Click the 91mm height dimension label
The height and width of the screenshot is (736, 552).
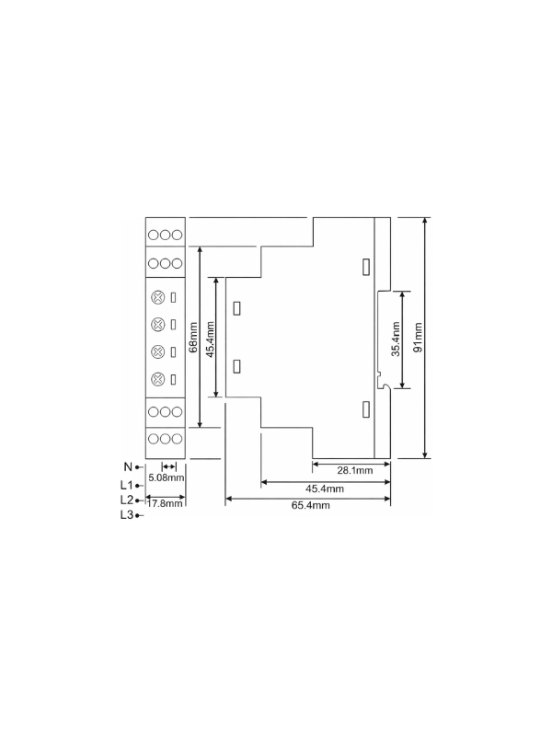click(x=419, y=337)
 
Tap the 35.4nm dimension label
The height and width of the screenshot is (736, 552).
click(x=396, y=339)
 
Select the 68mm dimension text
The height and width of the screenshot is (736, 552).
click(x=192, y=337)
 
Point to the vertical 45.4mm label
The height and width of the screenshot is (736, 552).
click(x=210, y=339)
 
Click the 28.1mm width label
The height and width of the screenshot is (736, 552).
click(x=355, y=470)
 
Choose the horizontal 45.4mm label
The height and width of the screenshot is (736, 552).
click(x=325, y=489)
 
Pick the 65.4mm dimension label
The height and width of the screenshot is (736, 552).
click(x=311, y=505)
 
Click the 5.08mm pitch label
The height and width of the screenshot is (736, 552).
click(x=167, y=477)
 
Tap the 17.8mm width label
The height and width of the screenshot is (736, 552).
click(x=165, y=503)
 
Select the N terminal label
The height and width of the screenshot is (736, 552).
click(x=128, y=467)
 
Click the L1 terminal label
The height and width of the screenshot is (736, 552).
click(x=127, y=485)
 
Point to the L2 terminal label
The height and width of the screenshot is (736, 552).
click(x=127, y=500)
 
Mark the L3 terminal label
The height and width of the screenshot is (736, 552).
click(x=127, y=515)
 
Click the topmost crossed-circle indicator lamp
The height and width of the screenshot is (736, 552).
click(x=158, y=297)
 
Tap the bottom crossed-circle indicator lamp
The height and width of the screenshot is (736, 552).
click(x=158, y=379)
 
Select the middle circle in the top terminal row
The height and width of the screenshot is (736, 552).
click(x=165, y=236)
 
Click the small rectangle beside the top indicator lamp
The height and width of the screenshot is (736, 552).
click(x=173, y=297)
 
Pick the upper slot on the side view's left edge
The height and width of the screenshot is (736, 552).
click(x=237, y=308)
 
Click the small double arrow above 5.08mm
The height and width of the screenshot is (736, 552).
click(x=169, y=466)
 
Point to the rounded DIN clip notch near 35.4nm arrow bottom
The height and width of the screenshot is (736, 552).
click(x=385, y=385)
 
